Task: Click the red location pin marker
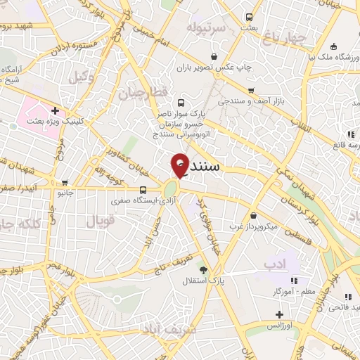point(180,165)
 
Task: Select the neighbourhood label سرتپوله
point(205,27)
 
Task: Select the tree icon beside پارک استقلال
point(204,271)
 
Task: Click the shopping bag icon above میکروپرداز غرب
point(252,216)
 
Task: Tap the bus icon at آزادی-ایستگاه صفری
point(143,190)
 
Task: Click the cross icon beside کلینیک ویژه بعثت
point(55,110)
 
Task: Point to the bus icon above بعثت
point(249,17)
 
